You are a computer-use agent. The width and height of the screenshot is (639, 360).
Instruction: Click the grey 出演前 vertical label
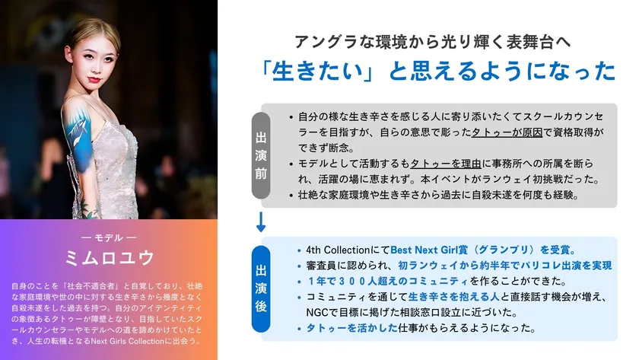(x=261, y=155)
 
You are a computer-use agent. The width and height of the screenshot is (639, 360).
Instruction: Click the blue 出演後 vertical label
(x=261, y=288)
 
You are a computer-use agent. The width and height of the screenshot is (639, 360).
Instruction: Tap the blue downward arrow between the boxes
(x=261, y=222)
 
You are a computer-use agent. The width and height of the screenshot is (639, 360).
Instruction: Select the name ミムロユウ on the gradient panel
(x=110, y=258)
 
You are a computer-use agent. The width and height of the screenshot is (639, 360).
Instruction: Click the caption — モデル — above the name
(x=109, y=237)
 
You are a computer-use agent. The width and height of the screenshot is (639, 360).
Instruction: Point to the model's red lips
(x=94, y=80)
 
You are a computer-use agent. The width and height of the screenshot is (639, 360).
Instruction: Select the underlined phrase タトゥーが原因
(x=507, y=132)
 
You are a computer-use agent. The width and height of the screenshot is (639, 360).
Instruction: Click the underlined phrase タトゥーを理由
(x=446, y=164)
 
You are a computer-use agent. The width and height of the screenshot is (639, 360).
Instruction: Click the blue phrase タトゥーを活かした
(x=352, y=328)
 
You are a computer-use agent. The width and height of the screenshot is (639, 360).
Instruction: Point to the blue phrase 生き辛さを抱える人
(x=454, y=297)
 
